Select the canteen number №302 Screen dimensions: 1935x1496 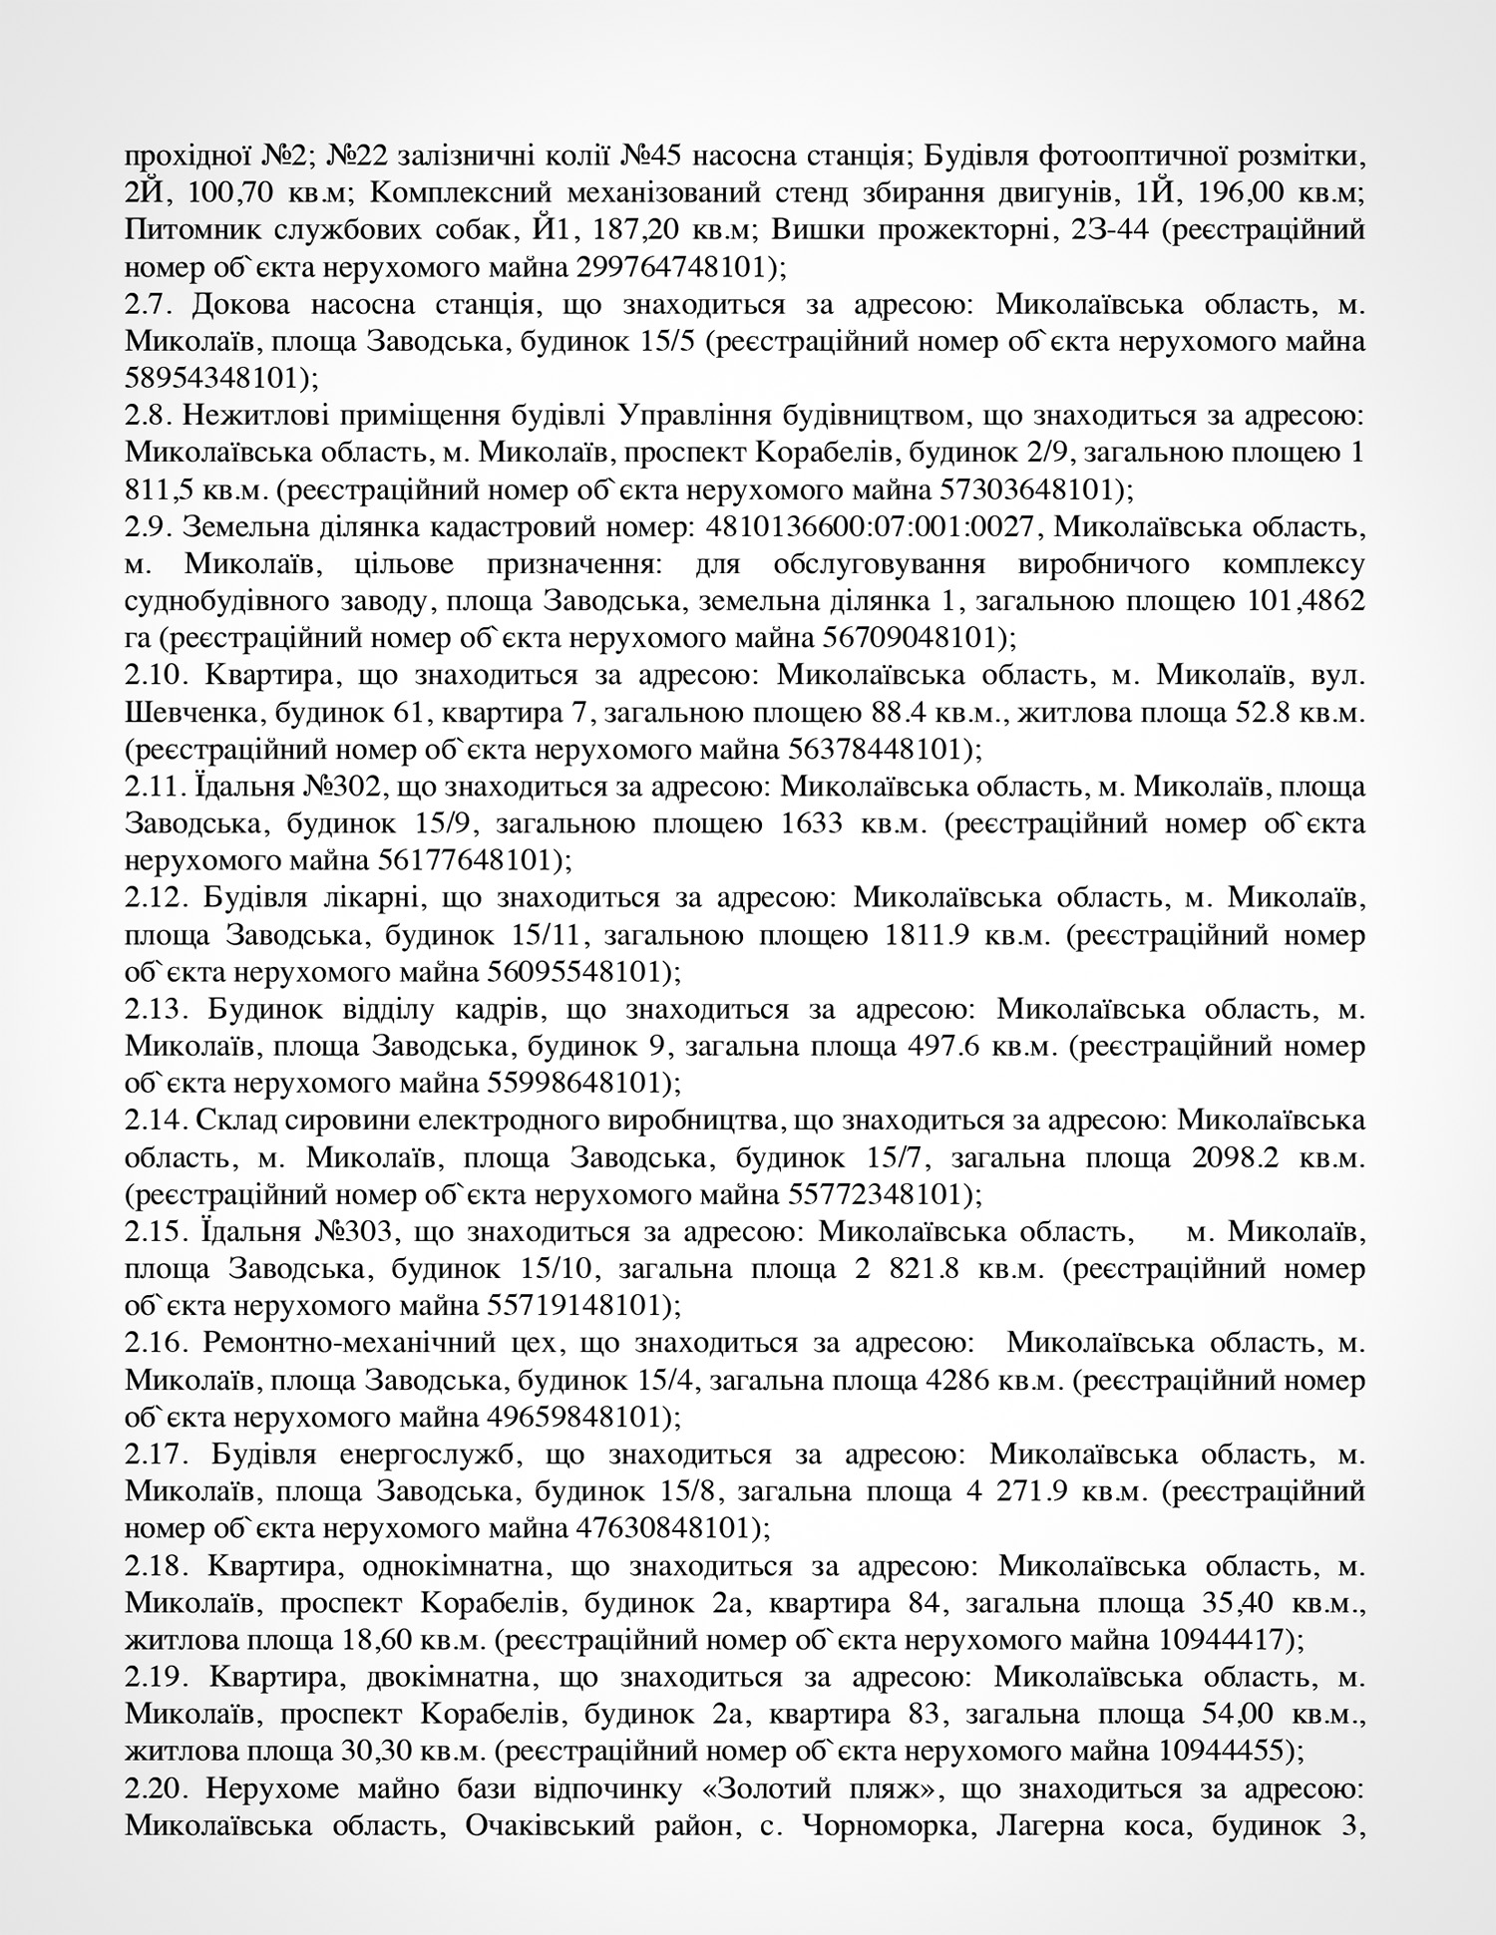tap(340, 788)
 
